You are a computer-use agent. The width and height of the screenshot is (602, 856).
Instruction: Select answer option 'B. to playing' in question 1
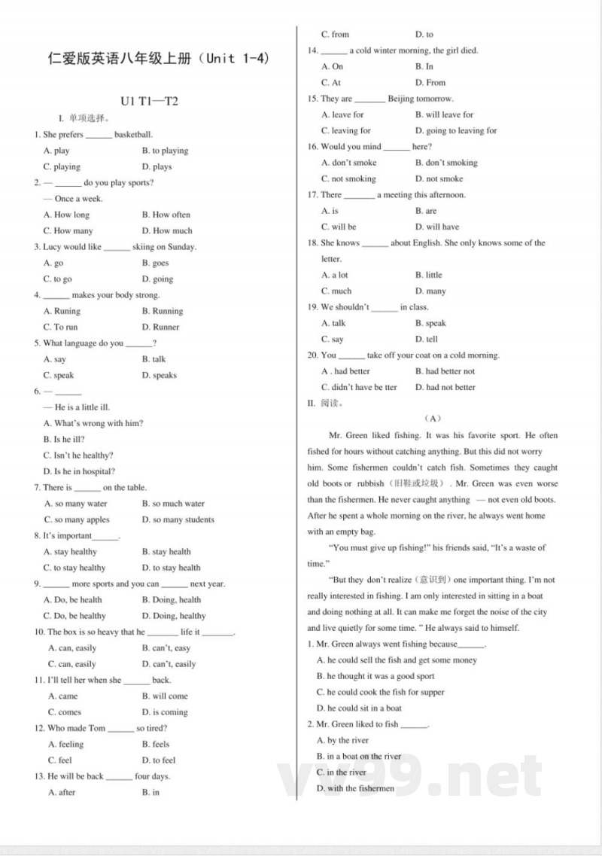165,151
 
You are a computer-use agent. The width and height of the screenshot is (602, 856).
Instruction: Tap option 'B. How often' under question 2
166,215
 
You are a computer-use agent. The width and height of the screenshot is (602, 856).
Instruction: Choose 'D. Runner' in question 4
160,327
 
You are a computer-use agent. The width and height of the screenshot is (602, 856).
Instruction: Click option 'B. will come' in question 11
165,696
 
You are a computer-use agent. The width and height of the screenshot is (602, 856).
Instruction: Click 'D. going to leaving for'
456,130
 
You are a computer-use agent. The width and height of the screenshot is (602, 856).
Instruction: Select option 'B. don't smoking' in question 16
446,163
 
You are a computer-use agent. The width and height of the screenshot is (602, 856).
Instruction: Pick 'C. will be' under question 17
339,227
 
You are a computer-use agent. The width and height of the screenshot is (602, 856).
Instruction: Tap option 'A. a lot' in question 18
335,275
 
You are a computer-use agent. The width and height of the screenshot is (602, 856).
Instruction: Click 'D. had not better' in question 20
445,387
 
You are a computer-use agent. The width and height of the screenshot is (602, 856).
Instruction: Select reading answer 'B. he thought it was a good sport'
375,676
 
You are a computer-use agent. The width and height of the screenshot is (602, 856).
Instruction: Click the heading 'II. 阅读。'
325,403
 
